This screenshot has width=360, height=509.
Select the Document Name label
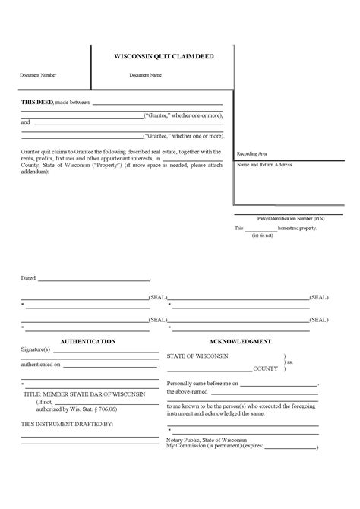[145, 76]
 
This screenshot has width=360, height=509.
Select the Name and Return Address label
[265, 165]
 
